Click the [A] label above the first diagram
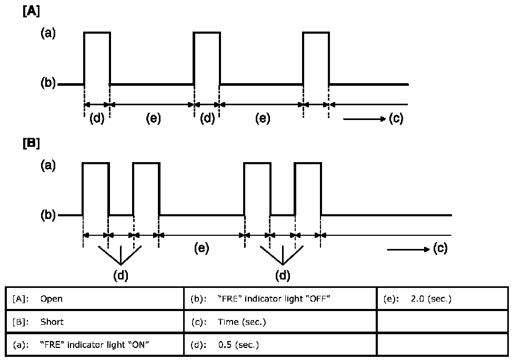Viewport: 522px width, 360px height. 31,12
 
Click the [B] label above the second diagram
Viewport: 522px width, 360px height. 31,143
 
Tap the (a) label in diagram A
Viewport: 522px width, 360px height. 48,33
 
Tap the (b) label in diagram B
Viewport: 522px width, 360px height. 48,215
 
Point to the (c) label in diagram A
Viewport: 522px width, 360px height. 396,118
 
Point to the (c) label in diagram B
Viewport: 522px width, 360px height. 440,248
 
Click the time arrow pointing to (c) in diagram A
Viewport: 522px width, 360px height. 364,119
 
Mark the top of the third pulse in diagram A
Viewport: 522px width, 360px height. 316,33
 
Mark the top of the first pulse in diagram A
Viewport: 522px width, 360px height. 97,33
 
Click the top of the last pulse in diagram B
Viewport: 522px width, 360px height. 308,164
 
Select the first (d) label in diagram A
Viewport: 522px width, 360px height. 97,118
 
